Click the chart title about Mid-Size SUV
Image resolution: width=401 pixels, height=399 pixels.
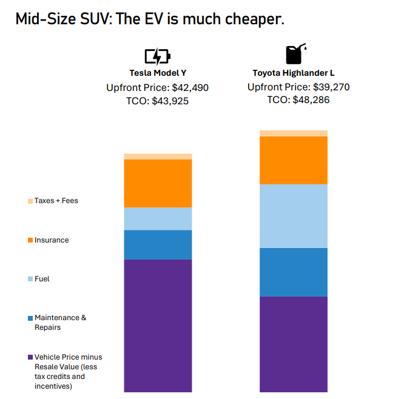[150, 19]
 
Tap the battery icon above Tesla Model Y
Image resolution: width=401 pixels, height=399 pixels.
[157, 57]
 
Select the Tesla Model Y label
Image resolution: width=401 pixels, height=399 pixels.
[157, 73]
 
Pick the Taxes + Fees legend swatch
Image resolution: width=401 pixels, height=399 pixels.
[30, 201]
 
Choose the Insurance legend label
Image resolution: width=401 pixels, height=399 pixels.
[52, 240]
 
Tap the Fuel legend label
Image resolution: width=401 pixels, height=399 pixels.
[42, 279]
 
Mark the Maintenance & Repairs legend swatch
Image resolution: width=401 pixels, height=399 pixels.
[30, 318]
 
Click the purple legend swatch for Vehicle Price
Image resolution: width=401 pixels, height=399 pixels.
[30, 357]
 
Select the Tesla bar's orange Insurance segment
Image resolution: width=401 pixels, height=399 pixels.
[158, 183]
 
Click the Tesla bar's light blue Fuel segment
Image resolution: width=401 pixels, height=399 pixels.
[158, 218]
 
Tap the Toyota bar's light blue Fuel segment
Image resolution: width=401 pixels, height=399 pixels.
[294, 216]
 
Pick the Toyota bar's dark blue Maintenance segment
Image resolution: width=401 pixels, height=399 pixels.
[294, 272]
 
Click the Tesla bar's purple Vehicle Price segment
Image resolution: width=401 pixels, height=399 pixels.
[158, 325]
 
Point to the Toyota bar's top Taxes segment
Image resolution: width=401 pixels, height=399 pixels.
[294, 133]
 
